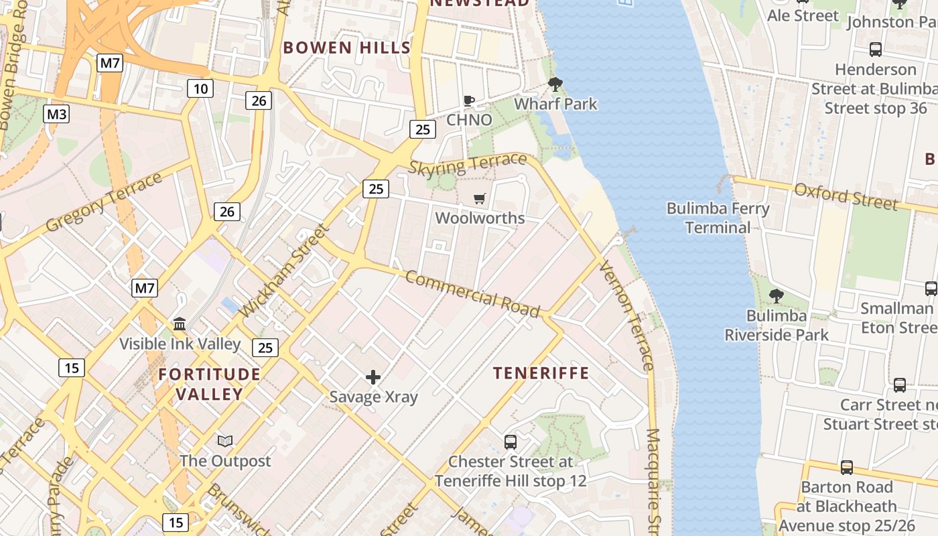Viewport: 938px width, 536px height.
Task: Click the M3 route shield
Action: click(57, 114)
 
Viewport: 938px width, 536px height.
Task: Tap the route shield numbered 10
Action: click(200, 88)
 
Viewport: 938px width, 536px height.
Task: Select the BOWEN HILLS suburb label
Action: click(346, 48)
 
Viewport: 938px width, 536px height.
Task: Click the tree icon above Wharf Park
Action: click(555, 84)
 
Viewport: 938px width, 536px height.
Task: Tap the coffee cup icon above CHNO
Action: click(469, 101)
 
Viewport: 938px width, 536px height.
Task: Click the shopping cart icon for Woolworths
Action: click(479, 198)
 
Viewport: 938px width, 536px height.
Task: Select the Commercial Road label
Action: click(472, 294)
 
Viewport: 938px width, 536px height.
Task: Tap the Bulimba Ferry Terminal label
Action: click(718, 218)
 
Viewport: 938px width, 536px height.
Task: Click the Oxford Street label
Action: click(846, 196)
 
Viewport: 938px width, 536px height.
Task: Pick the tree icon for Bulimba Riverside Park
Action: click(776, 295)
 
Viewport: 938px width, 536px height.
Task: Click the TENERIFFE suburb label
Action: click(541, 373)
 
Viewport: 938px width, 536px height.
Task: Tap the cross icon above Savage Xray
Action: click(373, 378)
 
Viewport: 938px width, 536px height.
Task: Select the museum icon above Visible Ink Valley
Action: click(180, 324)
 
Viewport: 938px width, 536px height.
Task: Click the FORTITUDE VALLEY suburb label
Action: click(209, 384)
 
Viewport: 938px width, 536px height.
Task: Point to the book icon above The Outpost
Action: click(225, 441)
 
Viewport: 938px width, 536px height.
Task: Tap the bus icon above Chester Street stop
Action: click(511, 442)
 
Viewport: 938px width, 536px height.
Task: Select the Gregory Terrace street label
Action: click(104, 202)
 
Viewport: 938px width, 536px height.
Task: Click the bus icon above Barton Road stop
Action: click(847, 467)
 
